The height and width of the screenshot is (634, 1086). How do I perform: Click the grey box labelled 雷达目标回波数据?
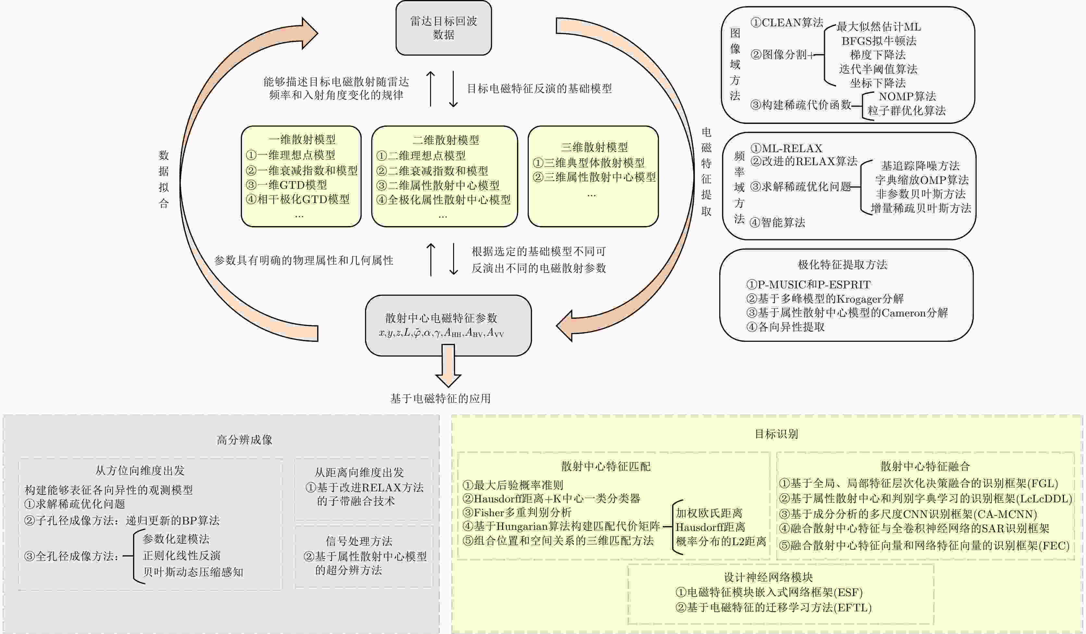[443, 28]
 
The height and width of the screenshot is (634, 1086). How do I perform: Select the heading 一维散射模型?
[302, 139]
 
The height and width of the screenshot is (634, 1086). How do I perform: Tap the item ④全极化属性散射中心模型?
[443, 200]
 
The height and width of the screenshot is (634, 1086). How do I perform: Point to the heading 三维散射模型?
[594, 147]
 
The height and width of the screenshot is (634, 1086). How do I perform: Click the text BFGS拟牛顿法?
[879, 41]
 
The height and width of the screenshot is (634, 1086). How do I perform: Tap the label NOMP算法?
[907, 97]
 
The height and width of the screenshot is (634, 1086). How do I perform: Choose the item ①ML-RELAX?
[786, 149]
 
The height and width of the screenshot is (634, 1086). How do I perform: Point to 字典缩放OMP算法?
[921, 180]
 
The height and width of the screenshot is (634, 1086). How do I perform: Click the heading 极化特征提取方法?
[843, 264]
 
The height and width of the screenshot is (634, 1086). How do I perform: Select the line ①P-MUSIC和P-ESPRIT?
[808, 285]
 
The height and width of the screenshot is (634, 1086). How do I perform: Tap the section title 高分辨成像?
[244, 440]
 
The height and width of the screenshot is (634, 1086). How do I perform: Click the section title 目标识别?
[776, 434]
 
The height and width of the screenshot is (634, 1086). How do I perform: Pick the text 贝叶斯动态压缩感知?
[193, 572]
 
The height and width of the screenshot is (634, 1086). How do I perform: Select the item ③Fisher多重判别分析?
[517, 512]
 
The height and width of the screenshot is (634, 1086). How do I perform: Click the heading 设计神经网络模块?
[768, 577]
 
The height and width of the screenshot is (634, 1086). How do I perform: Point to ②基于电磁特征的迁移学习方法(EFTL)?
[773, 608]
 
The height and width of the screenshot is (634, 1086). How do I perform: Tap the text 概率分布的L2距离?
[721, 541]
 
